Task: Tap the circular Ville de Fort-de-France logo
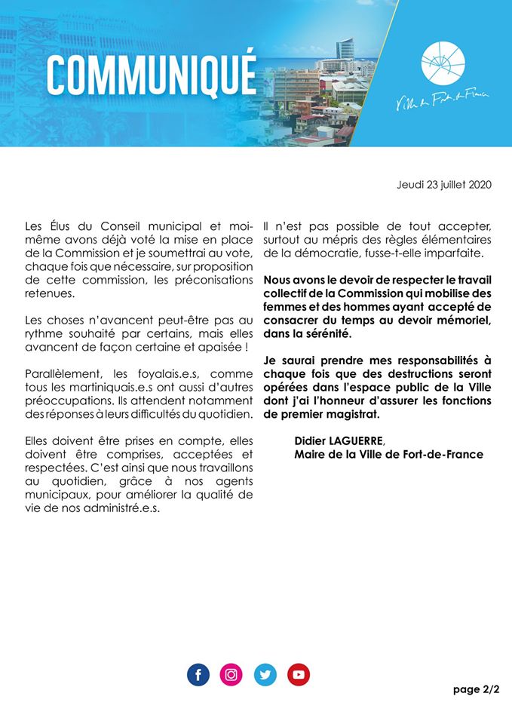[x=443, y=64]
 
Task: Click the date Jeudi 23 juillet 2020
[x=444, y=185]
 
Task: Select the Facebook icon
[x=198, y=674]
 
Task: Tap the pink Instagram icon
[x=231, y=674]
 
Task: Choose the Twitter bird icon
[x=265, y=674]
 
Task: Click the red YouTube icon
[x=299, y=674]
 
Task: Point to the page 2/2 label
[x=477, y=689]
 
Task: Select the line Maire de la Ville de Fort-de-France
[x=388, y=454]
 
